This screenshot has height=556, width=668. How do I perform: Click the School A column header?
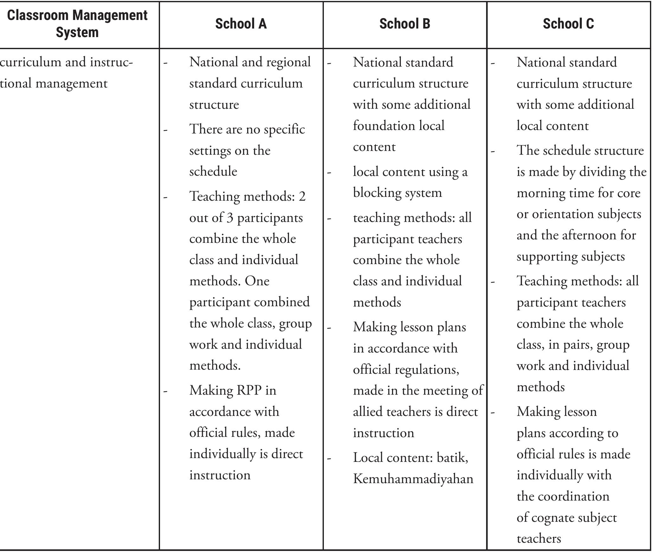point(241,24)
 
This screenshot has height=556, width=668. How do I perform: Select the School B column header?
point(405,24)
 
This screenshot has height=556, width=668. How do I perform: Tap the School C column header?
point(568,24)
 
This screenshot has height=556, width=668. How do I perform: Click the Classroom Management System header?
point(77,24)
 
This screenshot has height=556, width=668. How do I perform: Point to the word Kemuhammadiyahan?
point(413,479)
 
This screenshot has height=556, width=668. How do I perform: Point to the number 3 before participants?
point(230,218)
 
